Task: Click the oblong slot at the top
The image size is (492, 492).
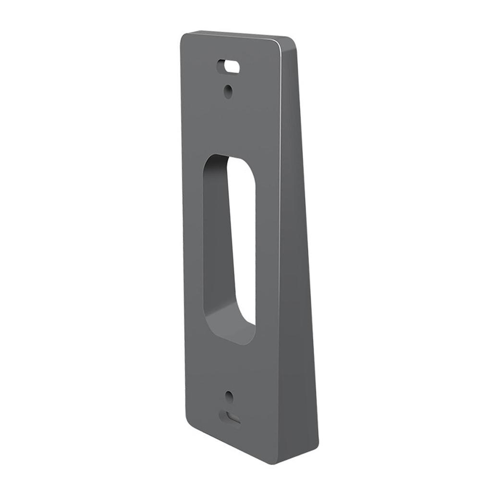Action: point(229,66)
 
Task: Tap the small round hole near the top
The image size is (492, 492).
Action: point(229,89)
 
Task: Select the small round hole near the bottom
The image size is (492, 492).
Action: point(229,396)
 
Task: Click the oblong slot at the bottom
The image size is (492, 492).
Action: point(230,417)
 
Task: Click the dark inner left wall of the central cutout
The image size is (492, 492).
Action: point(216,240)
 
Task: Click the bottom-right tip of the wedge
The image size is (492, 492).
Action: point(315,444)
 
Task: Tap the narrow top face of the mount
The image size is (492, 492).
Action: point(240,35)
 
